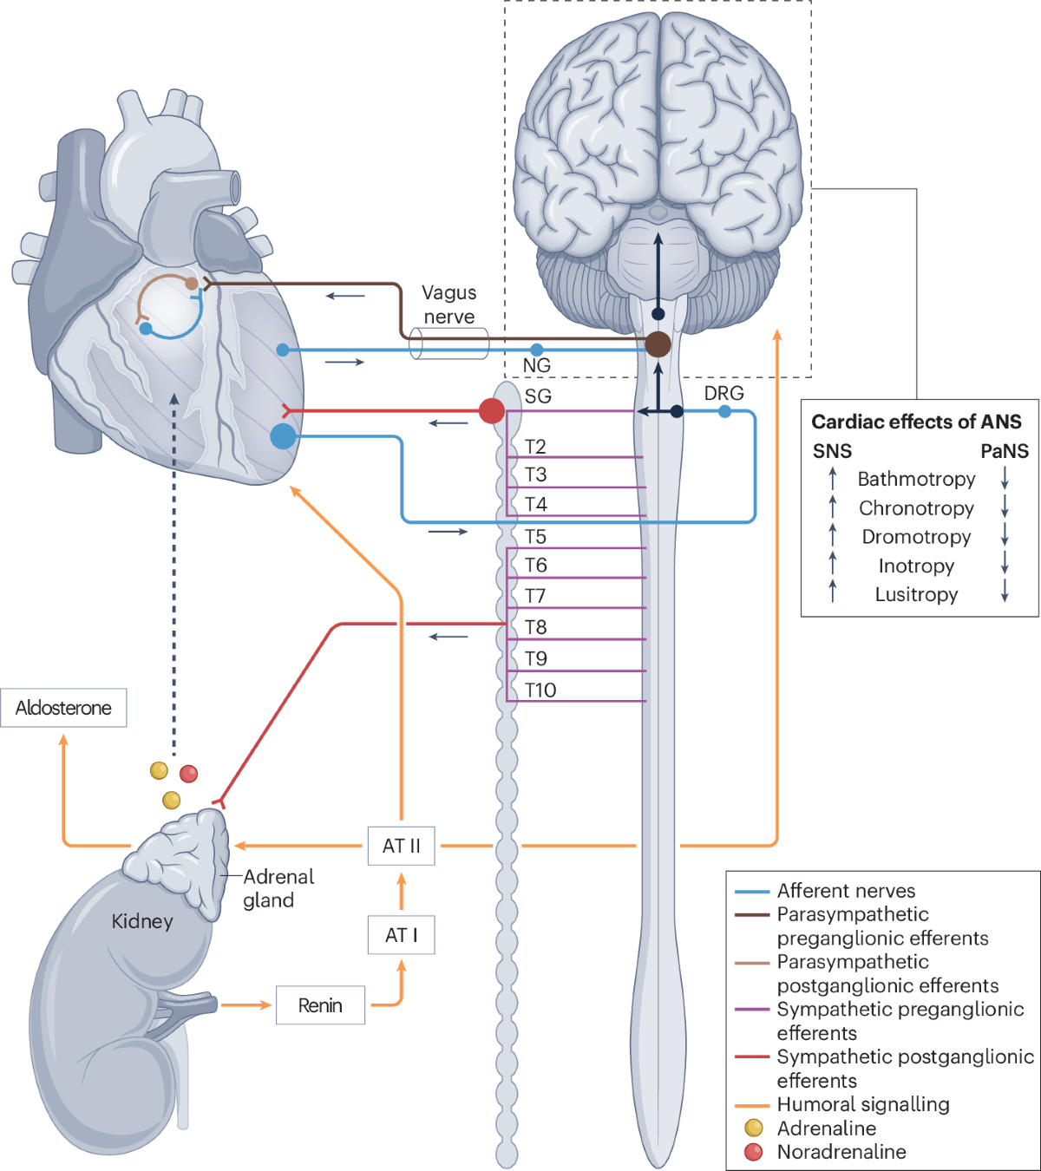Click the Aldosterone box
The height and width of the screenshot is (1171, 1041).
pyautogui.click(x=63, y=708)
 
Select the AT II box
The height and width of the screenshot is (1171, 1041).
pyautogui.click(x=401, y=846)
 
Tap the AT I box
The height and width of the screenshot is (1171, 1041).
pyautogui.click(x=401, y=935)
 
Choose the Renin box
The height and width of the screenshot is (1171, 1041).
pyautogui.click(x=320, y=1005)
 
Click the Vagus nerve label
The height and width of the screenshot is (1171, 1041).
pyautogui.click(x=448, y=304)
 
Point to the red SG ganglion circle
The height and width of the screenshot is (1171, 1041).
pyautogui.click(x=492, y=410)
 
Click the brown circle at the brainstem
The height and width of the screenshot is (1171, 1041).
pyautogui.click(x=658, y=344)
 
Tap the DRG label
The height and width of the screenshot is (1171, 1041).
pyautogui.click(x=723, y=393)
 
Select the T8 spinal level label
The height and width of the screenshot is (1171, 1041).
pyautogui.click(x=535, y=627)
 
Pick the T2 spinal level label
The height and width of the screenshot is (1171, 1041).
pyautogui.click(x=535, y=447)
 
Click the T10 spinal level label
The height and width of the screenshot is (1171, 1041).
pyautogui.click(x=540, y=690)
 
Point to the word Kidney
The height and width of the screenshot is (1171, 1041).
pyautogui.click(x=142, y=921)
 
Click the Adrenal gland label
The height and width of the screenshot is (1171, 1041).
pyautogui.click(x=278, y=888)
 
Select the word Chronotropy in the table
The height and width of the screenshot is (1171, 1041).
pyautogui.click(x=916, y=508)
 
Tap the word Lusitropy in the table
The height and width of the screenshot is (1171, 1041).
pyautogui.click(x=916, y=595)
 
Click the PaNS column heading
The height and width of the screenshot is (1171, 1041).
pyautogui.click(x=1004, y=451)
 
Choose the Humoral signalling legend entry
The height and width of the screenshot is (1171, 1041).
pyautogui.click(x=862, y=1104)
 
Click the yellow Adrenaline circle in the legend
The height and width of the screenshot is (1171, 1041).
pyautogui.click(x=754, y=1128)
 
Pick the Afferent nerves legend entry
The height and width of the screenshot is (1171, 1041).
pyautogui.click(x=845, y=891)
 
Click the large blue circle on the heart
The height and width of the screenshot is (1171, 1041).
pyautogui.click(x=283, y=435)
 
